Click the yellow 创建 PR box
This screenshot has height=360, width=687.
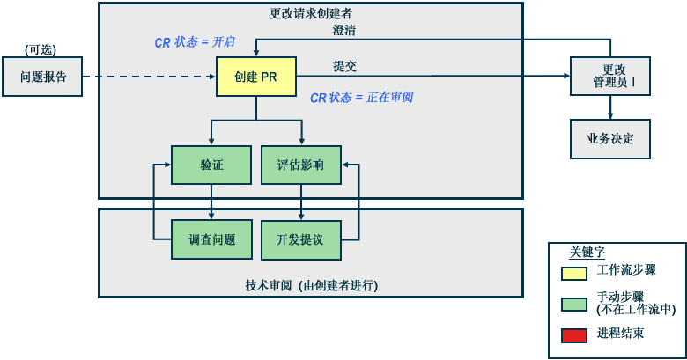click(x=255, y=77)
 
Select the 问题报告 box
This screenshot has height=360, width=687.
click(x=43, y=77)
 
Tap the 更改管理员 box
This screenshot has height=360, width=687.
click(x=609, y=77)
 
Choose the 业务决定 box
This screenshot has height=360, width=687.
click(x=609, y=138)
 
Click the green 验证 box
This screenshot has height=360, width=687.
click(x=211, y=165)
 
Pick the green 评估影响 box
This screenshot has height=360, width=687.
click(x=300, y=165)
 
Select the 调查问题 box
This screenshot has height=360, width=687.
click(x=211, y=239)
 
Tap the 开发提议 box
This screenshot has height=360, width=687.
click(x=300, y=239)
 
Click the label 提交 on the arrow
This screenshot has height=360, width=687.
click(x=344, y=66)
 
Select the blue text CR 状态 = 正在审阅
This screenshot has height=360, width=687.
click(x=361, y=98)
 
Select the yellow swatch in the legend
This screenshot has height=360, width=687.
click(x=574, y=272)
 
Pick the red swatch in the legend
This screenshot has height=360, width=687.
click(x=574, y=334)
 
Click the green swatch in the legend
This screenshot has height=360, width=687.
click(x=574, y=304)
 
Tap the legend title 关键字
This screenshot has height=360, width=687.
click(x=587, y=252)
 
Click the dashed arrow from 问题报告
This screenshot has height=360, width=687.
click(x=150, y=77)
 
